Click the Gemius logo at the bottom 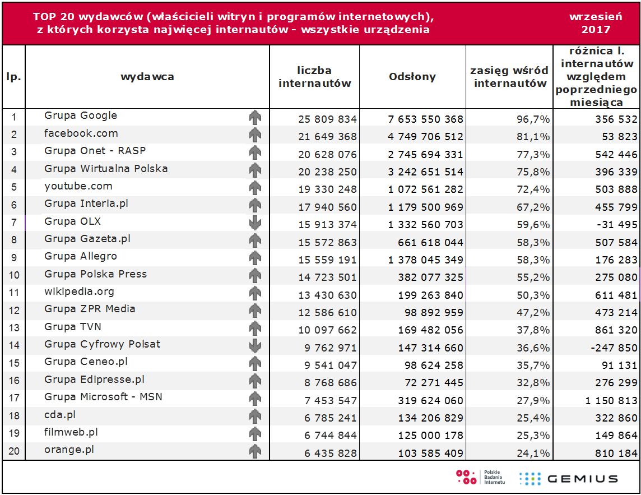point(568,478)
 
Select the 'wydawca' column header point(147,77)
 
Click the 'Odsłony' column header point(412,77)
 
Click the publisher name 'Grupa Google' point(81,115)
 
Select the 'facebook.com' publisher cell point(81,133)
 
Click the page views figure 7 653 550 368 point(426,119)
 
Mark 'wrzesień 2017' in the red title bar point(596,23)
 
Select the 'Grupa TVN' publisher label point(73,326)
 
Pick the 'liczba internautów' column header point(314,77)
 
